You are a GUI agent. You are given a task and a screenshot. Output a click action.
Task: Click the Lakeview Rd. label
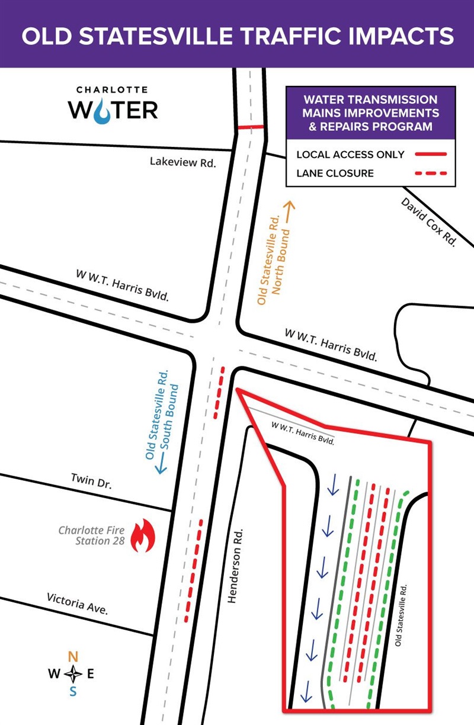pyautogui.click(x=182, y=161)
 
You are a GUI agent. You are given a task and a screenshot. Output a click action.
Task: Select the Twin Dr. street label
pyautogui.click(x=91, y=480)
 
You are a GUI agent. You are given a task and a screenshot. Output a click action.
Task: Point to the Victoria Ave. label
pyautogui.click(x=77, y=603)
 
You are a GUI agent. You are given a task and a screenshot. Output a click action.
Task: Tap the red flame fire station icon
pyautogui.click(x=142, y=535)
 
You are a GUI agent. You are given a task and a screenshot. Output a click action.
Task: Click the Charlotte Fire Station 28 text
pyautogui.click(x=91, y=535)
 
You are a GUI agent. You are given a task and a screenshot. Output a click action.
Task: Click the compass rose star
pyautogui.click(x=73, y=673)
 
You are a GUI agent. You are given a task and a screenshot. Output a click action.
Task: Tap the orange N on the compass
pyautogui.click(x=73, y=656)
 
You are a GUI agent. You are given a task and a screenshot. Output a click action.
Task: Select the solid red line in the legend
pyautogui.click(x=430, y=155)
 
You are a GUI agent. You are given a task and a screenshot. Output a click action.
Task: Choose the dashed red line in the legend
pyautogui.click(x=430, y=174)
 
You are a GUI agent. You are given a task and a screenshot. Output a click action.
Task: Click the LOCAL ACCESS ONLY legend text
pyautogui.click(x=350, y=155)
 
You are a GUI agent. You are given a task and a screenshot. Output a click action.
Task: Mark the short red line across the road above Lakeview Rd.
pyautogui.click(x=251, y=127)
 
